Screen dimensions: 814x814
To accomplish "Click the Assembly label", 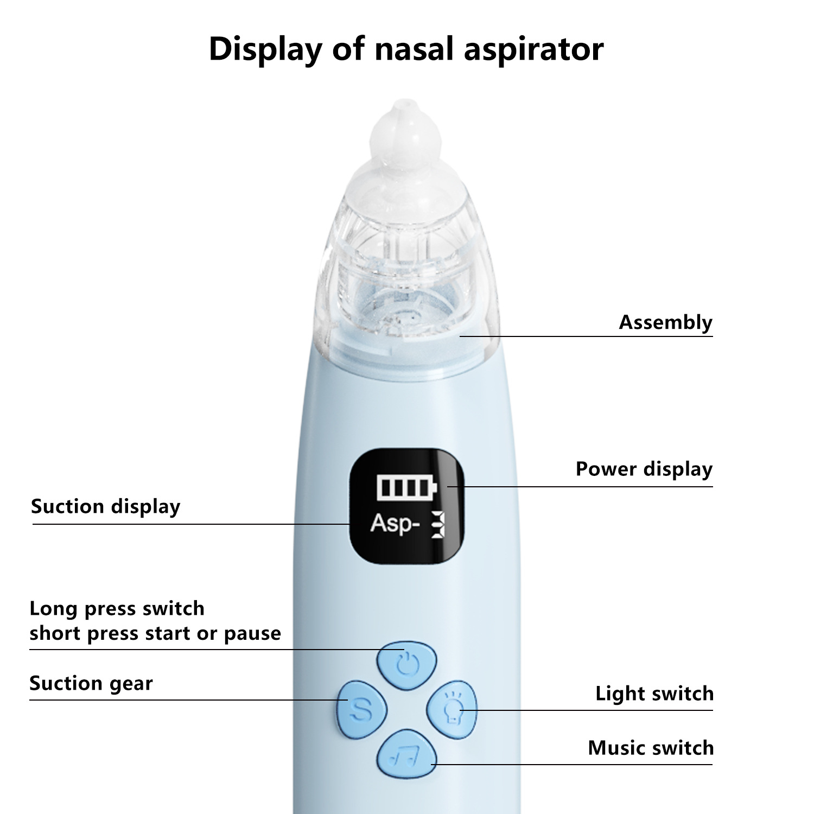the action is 665,322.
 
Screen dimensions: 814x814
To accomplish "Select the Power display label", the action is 644,469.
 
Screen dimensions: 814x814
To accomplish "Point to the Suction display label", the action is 105,506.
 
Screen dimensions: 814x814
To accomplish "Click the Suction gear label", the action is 91,683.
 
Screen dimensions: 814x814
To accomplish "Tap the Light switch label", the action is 654,694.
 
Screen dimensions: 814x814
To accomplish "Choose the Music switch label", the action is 651,748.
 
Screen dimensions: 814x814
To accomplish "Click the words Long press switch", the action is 117,609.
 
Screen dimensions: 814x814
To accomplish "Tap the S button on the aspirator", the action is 361,709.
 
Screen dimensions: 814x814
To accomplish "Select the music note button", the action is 406,754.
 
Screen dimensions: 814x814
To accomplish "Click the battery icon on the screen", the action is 406,487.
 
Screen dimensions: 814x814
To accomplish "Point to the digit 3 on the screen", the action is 437,525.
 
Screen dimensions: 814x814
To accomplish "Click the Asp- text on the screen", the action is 395,524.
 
